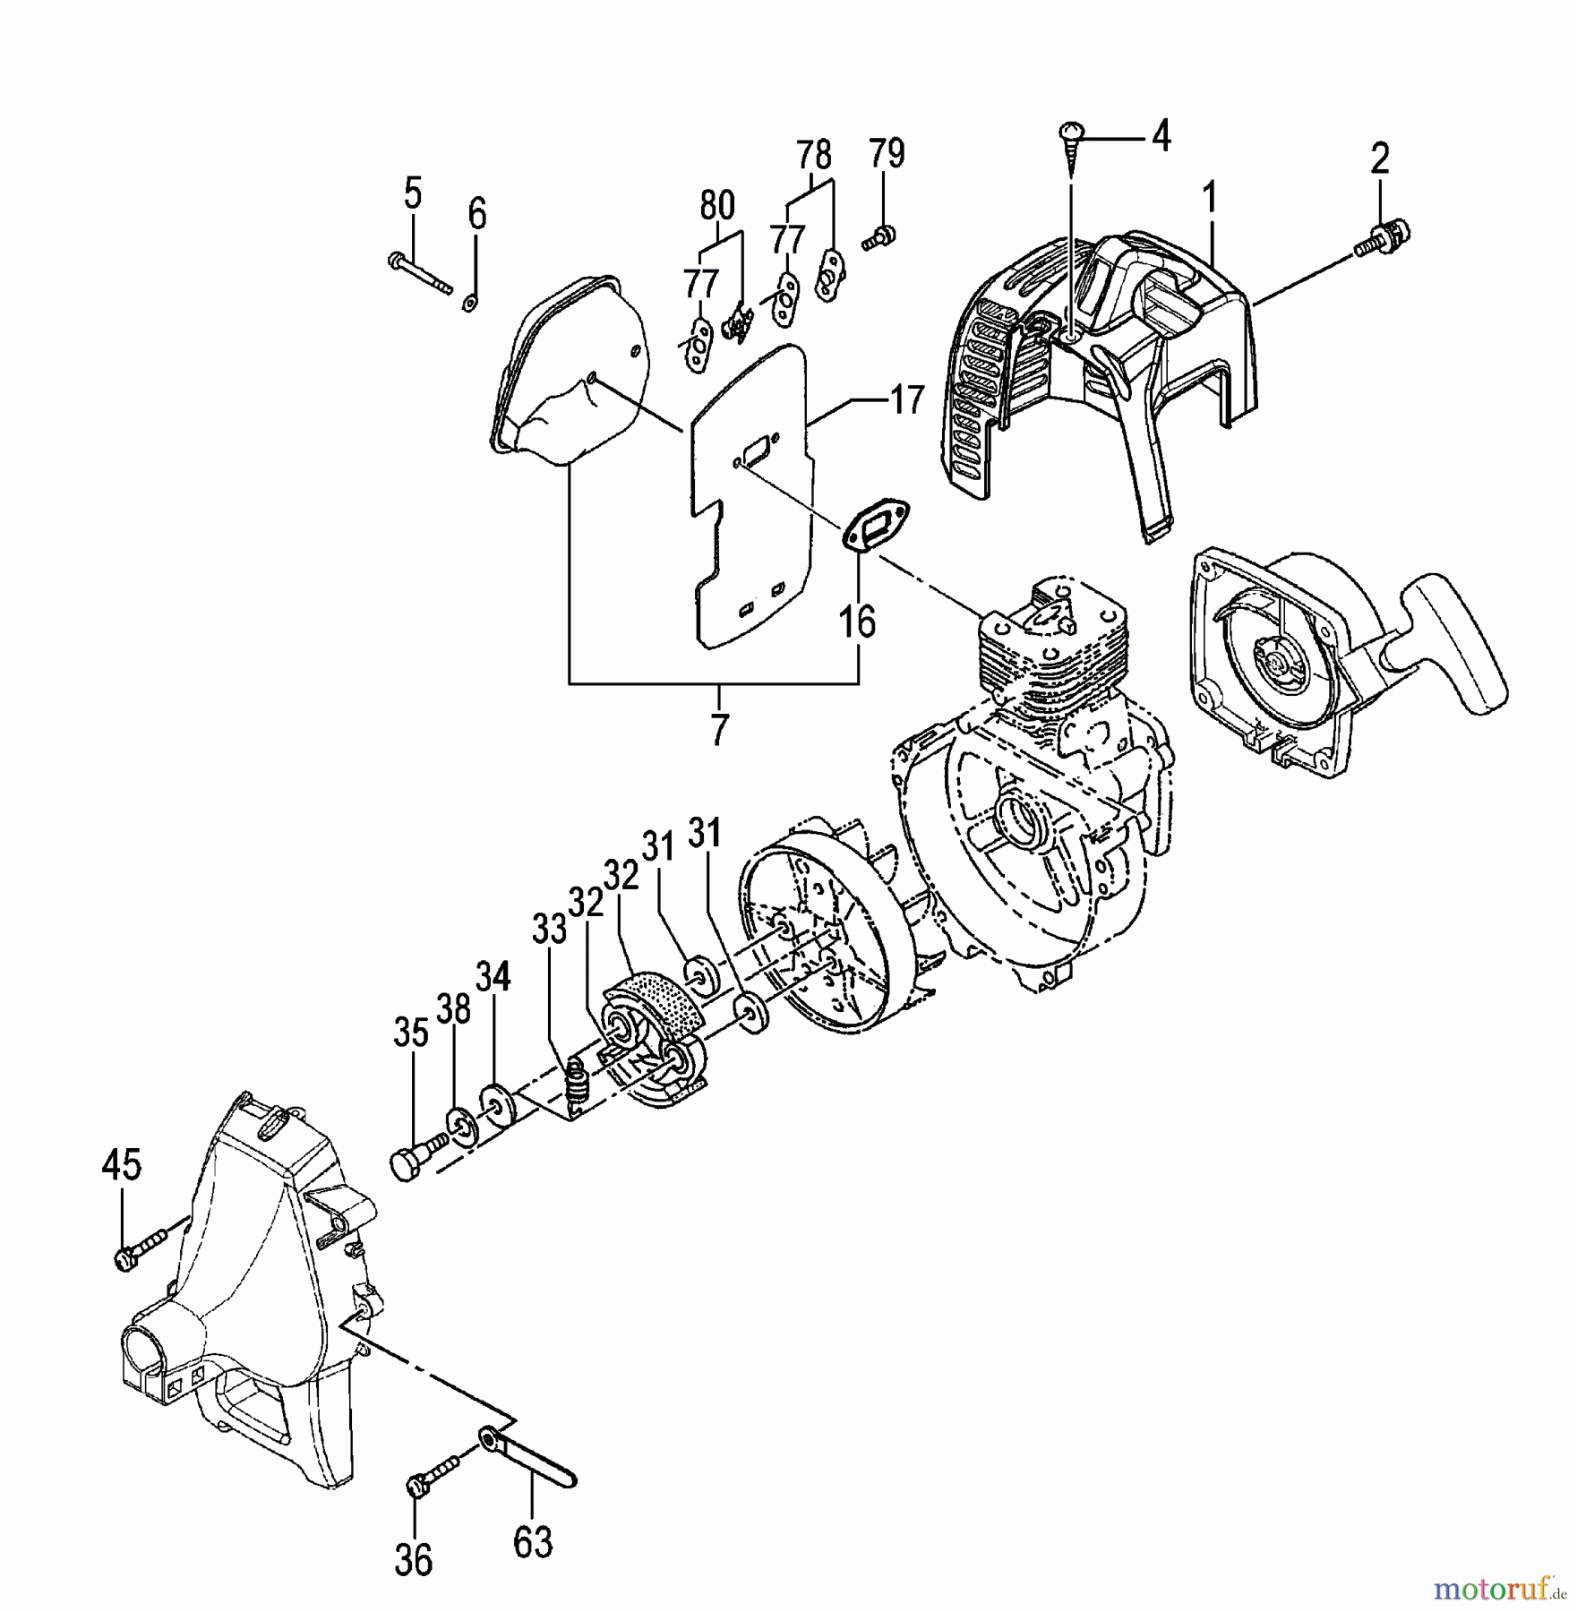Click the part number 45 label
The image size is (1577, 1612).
(121, 1165)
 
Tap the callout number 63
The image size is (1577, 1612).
(534, 1543)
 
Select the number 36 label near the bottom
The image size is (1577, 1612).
(414, 1560)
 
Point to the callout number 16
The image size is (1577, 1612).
(858, 621)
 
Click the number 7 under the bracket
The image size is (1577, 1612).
(719, 729)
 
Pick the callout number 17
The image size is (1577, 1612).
(906, 399)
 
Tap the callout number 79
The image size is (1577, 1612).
(885, 153)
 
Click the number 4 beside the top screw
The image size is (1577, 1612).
(1160, 137)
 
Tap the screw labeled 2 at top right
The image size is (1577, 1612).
(1383, 237)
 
